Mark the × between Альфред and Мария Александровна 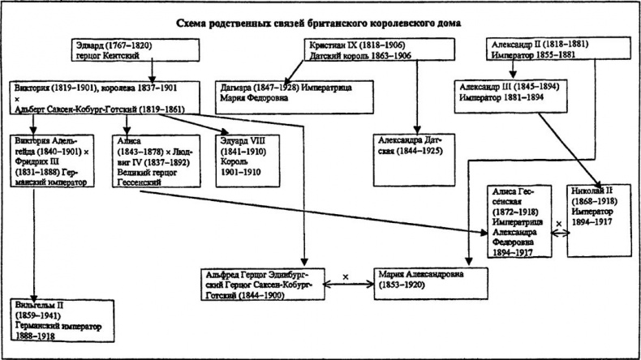346,277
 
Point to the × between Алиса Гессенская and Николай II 558,220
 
